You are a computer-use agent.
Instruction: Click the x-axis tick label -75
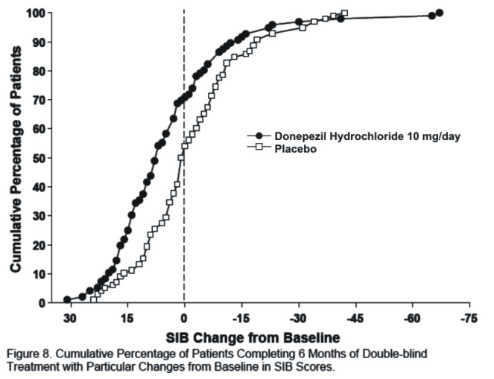[x=469, y=318]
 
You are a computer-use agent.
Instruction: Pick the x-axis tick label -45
[x=355, y=318]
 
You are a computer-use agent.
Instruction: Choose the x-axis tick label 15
[x=127, y=318]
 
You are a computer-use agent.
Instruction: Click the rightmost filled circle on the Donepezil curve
[x=440, y=13]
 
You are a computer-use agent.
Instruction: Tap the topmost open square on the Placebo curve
[x=344, y=13]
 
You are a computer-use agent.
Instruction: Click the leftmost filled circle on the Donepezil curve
[x=67, y=299]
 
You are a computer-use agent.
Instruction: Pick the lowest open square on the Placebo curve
[x=94, y=299]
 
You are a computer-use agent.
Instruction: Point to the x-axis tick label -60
[x=412, y=318]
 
